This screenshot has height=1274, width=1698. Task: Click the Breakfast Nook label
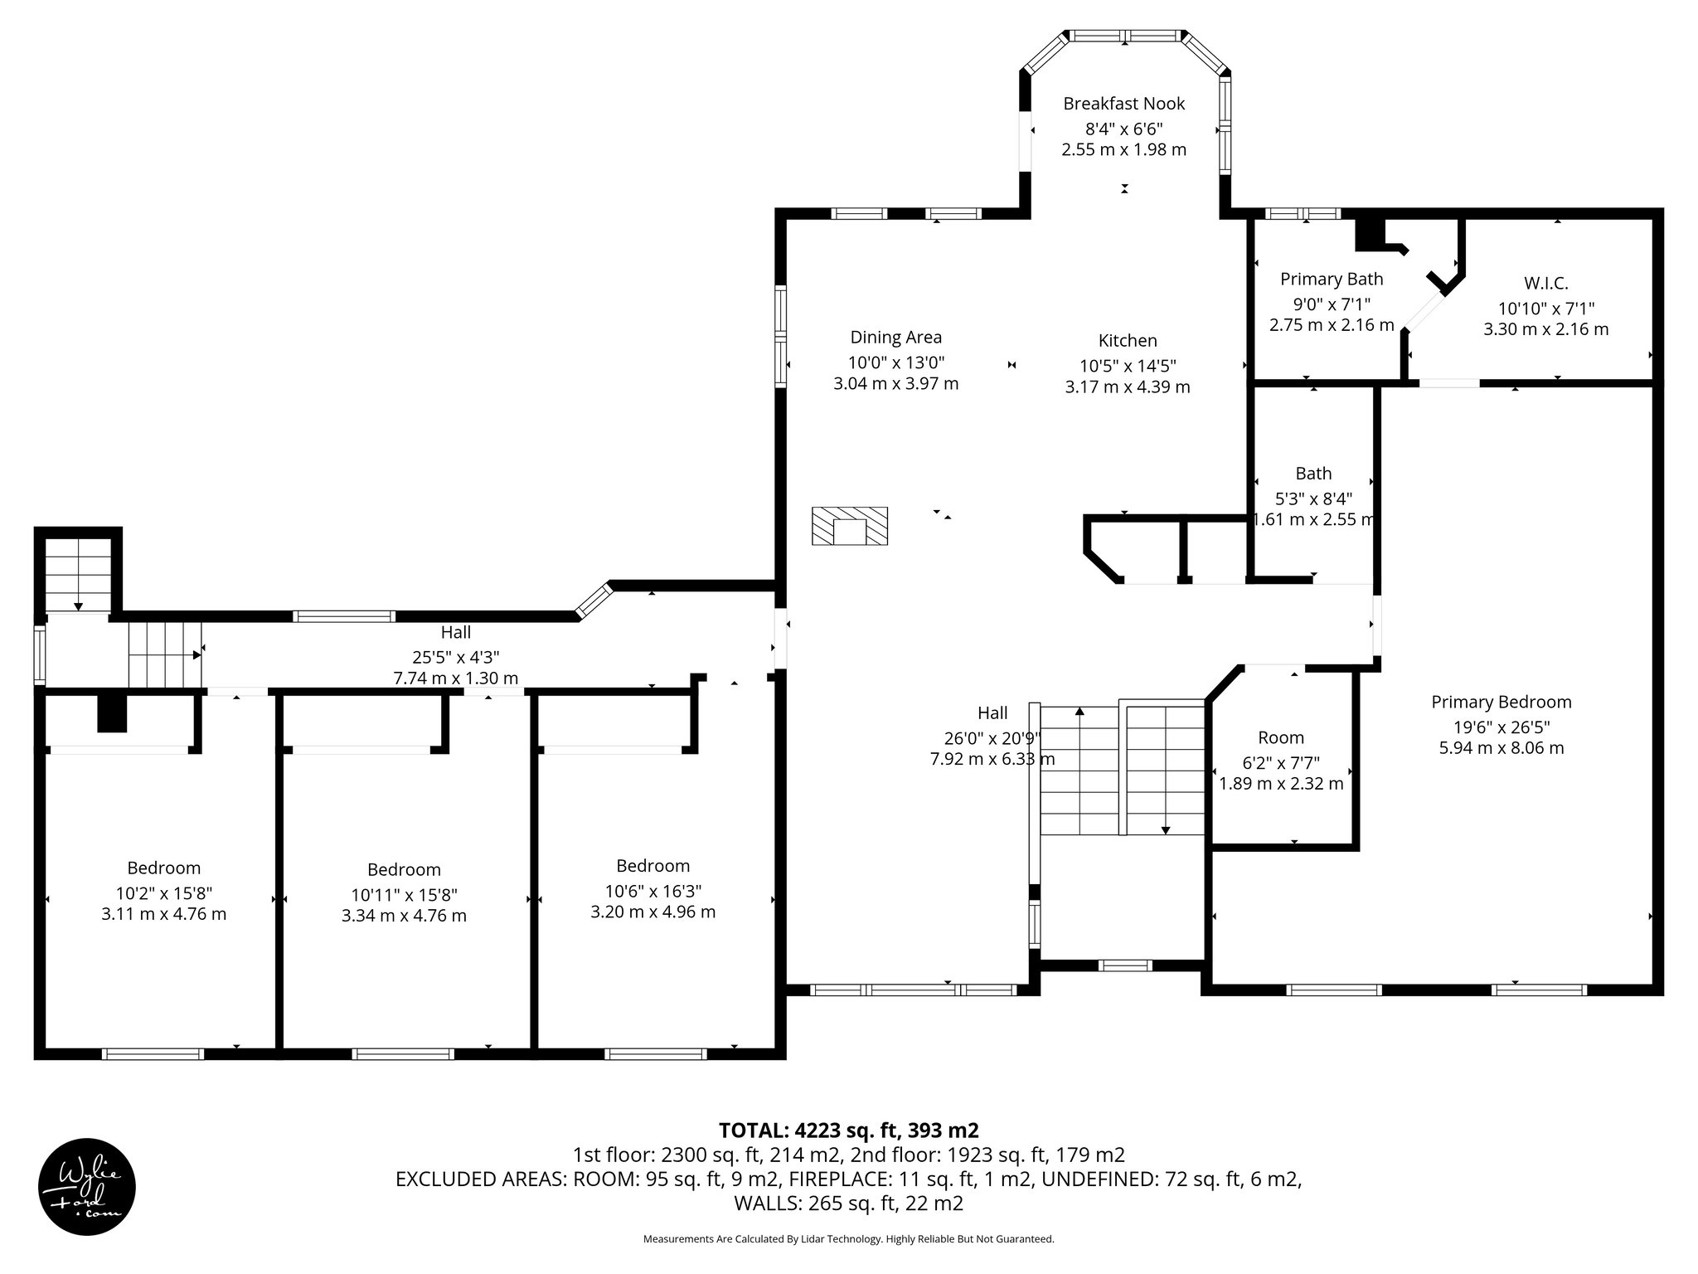click(1123, 104)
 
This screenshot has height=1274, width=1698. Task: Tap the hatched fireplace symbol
click(849, 526)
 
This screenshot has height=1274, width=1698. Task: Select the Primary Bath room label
click(1332, 280)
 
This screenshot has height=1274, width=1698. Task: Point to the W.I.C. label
click(1545, 284)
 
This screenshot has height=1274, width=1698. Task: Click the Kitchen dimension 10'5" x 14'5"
click(1127, 366)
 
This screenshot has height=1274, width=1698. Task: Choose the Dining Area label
click(895, 338)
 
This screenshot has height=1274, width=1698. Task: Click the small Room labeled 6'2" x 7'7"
click(1281, 737)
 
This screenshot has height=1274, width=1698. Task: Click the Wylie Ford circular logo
click(87, 1186)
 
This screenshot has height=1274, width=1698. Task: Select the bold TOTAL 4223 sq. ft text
click(848, 1131)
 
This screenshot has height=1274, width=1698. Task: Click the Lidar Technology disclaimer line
click(848, 1239)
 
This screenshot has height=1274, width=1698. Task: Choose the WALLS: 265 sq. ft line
click(848, 1203)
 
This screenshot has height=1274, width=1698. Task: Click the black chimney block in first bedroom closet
click(112, 713)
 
